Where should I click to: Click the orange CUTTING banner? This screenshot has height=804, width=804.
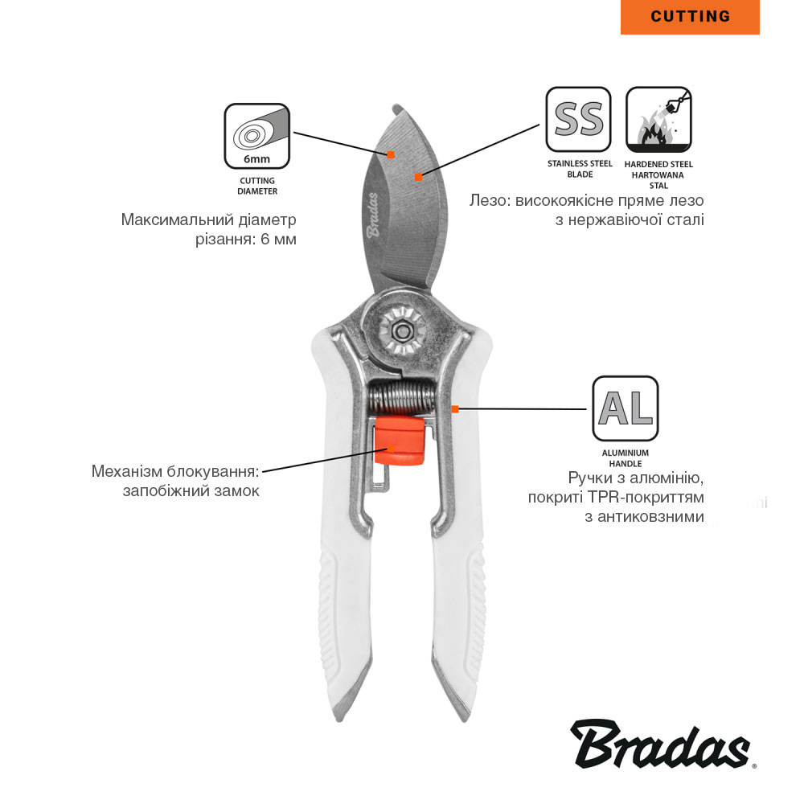[x=690, y=17]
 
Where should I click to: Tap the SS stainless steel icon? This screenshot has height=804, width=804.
[x=578, y=120]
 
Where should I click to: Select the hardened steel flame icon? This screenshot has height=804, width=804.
[x=659, y=120]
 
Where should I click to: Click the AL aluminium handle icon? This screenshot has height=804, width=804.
[x=625, y=408]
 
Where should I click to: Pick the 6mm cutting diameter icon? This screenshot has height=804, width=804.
[x=257, y=137]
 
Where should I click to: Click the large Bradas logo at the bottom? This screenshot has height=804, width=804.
[x=662, y=744]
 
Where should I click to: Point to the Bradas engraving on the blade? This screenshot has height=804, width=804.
[x=374, y=215]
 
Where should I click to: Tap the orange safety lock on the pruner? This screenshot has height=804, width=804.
[x=400, y=441]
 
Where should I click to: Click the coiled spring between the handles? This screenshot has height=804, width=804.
[x=401, y=399]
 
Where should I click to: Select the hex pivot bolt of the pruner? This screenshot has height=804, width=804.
[x=401, y=331]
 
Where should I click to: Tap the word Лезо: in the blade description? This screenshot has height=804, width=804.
[x=490, y=200]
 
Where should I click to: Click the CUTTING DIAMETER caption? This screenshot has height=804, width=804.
[x=257, y=186]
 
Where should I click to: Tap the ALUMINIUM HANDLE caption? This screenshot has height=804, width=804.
[x=625, y=458]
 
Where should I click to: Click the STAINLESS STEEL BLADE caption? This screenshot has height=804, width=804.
[x=580, y=169]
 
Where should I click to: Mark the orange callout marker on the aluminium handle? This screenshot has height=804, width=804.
[x=455, y=408]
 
